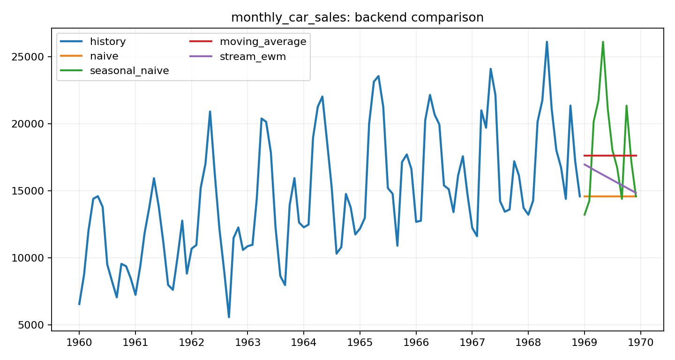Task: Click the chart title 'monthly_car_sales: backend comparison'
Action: [357, 17]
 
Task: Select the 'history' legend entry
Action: [108, 42]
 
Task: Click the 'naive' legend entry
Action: [104, 56]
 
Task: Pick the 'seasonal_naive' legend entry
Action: [129, 71]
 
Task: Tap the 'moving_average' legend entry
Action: [262, 42]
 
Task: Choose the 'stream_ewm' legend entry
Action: [253, 56]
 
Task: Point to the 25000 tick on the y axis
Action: [30, 57]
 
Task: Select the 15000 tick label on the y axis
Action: [30, 191]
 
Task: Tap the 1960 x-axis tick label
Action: [79, 342]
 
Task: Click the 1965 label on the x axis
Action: [360, 342]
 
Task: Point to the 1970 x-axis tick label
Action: [640, 342]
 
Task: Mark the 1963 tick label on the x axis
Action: [247, 342]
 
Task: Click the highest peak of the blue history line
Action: [547, 42]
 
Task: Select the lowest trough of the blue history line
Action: [229, 317]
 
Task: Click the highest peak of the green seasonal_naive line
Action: [603, 42]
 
